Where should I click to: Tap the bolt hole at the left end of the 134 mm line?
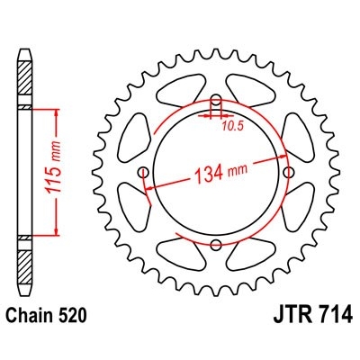coord(142,171)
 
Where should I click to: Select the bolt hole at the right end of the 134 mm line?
coord(288,171)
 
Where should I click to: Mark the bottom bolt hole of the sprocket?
coord(215,244)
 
